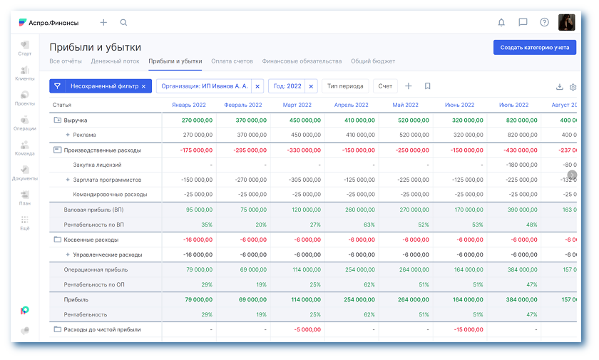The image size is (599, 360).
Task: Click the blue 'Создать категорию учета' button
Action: pos(534,48)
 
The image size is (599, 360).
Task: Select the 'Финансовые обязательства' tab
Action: pos(302,61)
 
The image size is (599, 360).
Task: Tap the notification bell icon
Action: pos(501,23)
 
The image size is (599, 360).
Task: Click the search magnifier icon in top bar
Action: pos(124,23)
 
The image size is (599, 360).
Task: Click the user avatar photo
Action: pos(566,23)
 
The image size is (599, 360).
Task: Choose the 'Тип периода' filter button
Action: pos(345,86)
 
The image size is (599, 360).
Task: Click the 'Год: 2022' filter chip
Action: pos(288,86)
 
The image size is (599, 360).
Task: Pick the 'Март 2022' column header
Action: pos(299,105)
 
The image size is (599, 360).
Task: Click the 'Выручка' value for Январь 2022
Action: pos(197,120)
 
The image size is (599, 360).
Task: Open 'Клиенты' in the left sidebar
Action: pos(25,73)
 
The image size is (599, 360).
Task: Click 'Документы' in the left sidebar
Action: pos(25,173)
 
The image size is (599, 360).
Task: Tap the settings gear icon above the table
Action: pos(573,87)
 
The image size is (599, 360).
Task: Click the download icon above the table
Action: pos(559,87)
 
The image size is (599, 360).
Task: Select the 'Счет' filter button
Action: pos(385,86)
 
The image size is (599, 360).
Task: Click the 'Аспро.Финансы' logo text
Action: pos(53,23)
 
